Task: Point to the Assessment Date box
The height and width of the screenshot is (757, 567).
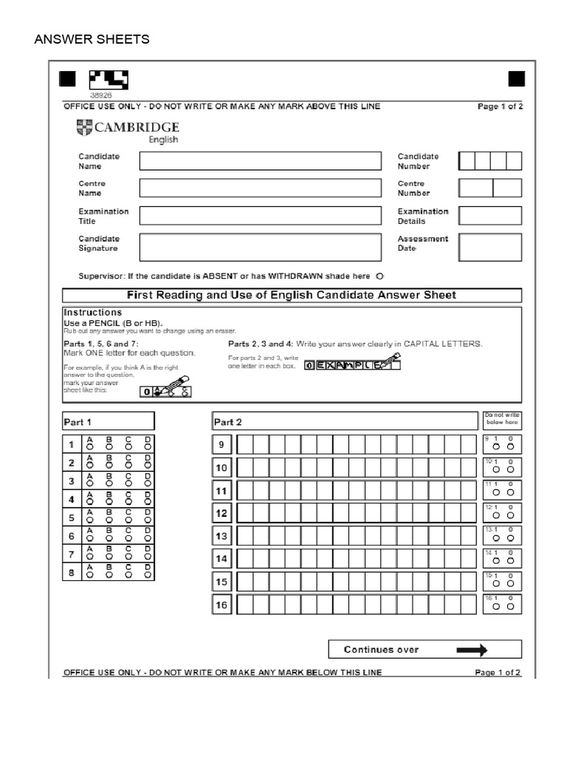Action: pyautogui.click(x=489, y=247)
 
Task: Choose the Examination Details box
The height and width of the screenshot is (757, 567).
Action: pyautogui.click(x=489, y=216)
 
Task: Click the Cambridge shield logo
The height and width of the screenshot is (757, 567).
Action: pyautogui.click(x=84, y=128)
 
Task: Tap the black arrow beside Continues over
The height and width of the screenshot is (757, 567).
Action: pyautogui.click(x=472, y=650)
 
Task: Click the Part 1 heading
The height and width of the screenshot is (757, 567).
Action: pyautogui.click(x=78, y=422)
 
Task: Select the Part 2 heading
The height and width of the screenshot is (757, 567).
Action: pyautogui.click(x=227, y=422)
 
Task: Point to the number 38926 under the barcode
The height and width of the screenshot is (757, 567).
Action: pyautogui.click(x=100, y=95)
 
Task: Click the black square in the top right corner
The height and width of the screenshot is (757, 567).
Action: pyautogui.click(x=517, y=79)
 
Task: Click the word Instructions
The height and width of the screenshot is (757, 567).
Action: pyautogui.click(x=93, y=313)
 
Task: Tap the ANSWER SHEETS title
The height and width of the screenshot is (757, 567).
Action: pyautogui.click(x=92, y=39)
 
